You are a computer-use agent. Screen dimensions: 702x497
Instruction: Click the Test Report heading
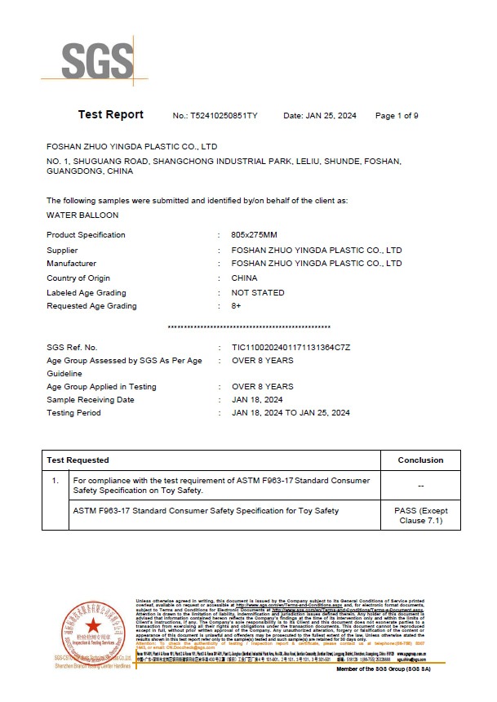[x=111, y=115]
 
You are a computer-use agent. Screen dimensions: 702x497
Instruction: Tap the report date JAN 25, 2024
[x=331, y=116]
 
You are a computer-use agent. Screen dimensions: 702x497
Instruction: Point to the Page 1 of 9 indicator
[x=397, y=116]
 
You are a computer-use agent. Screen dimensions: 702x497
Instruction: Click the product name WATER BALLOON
[x=82, y=215]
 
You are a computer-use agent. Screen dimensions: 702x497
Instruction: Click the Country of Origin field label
[x=78, y=278]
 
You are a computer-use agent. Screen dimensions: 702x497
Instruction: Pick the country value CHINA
[x=245, y=278]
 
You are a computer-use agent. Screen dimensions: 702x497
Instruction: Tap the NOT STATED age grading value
[x=258, y=292]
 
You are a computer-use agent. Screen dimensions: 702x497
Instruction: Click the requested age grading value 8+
[x=237, y=306]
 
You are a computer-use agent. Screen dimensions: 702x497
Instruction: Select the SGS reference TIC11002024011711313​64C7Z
[x=291, y=348]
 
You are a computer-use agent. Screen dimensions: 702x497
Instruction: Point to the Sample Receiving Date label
[x=91, y=400]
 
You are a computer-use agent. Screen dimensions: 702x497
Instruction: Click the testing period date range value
[x=291, y=413]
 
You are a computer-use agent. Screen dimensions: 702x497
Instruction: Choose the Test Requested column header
[x=78, y=460]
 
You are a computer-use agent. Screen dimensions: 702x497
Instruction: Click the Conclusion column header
[x=420, y=460]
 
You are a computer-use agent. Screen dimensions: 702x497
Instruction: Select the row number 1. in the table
[x=55, y=481]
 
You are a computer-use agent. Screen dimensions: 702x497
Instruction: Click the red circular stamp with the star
[x=92, y=629]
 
